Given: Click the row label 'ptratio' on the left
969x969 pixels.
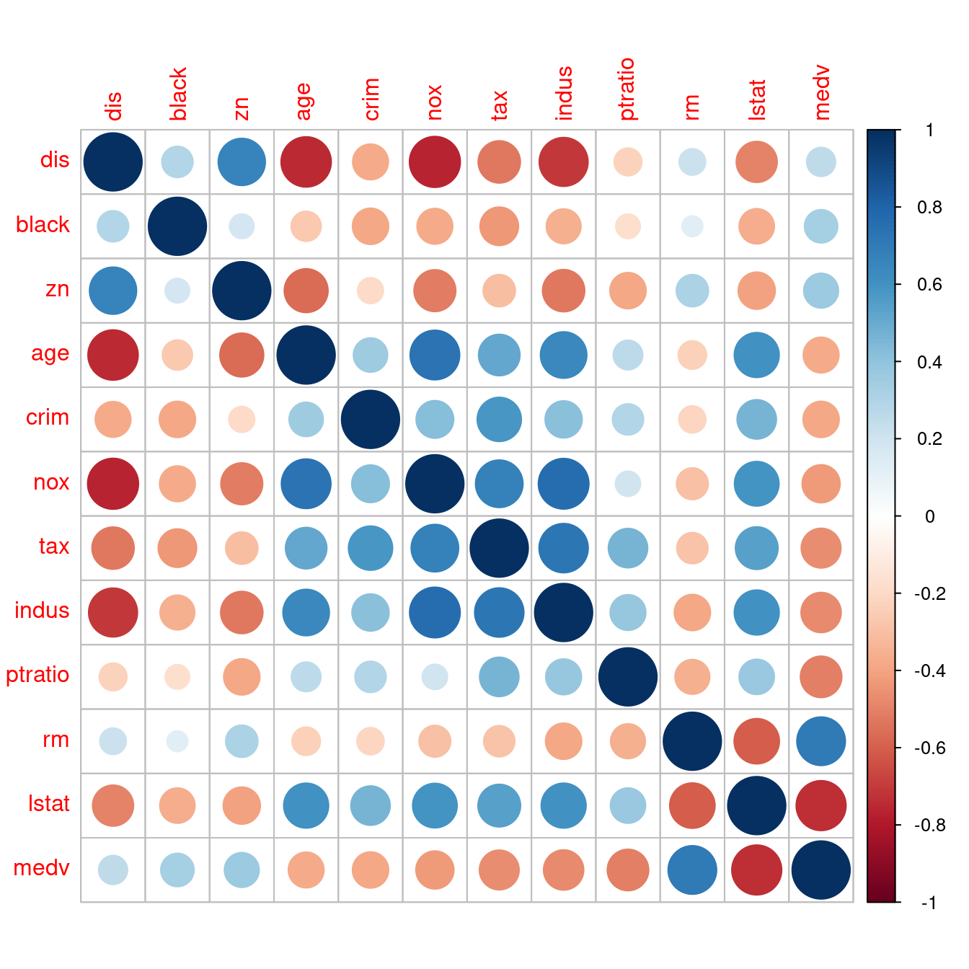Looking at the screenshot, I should pyautogui.click(x=37, y=676).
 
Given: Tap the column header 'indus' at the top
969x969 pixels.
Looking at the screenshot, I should pyautogui.click(x=564, y=93).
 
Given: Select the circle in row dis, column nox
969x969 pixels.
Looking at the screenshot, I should pyautogui.click(x=435, y=162).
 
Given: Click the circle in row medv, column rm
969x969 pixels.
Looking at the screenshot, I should pyautogui.click(x=692, y=870).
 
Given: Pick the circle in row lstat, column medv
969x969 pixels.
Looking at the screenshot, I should pyautogui.click(x=821, y=805).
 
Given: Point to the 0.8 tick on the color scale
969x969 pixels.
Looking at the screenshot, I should pyautogui.click(x=898, y=207).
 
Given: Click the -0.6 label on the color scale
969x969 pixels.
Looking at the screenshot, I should pyautogui.click(x=929, y=748).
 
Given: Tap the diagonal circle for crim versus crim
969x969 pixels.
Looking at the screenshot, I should pyautogui.click(x=371, y=420).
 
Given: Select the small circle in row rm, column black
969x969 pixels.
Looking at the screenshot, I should pyautogui.click(x=177, y=741).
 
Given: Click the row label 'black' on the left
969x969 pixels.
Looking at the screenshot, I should pyautogui.click(x=43, y=225).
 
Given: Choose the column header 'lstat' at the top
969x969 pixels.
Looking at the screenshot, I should pyautogui.click(x=757, y=99).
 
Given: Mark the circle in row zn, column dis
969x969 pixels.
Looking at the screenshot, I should pyautogui.click(x=113, y=291).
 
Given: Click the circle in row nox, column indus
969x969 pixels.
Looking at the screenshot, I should pyautogui.click(x=564, y=484).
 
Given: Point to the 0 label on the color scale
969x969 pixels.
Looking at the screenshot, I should pyautogui.click(x=929, y=516).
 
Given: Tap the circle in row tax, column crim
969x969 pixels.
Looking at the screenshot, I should pyautogui.click(x=371, y=548).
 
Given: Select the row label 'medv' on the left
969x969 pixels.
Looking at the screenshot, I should pyautogui.click(x=41, y=868).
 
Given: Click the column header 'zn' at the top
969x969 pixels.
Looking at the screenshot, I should pyautogui.click(x=242, y=108).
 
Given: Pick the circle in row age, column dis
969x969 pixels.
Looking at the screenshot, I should pyautogui.click(x=113, y=355).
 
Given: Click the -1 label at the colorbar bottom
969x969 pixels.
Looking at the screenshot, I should pyautogui.click(x=929, y=903).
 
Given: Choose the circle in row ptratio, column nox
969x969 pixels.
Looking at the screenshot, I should pyautogui.click(x=435, y=677).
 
